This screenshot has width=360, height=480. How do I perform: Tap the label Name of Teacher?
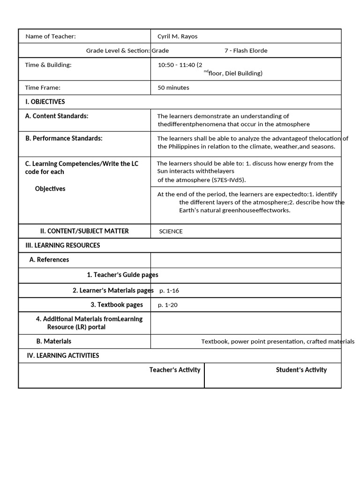click(x=50, y=37)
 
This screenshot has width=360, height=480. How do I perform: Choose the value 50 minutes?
click(x=173, y=88)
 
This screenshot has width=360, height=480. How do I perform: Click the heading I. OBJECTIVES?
click(x=45, y=102)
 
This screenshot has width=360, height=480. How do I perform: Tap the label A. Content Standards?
click(x=57, y=116)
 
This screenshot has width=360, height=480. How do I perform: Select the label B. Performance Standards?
click(x=64, y=138)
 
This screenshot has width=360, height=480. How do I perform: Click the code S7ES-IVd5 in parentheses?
click(x=229, y=180)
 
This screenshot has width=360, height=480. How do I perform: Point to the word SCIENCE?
click(x=171, y=232)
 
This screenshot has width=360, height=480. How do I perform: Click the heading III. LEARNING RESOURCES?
click(x=62, y=245)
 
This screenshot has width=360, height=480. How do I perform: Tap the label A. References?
click(x=49, y=260)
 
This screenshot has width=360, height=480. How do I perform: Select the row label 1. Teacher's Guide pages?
click(x=122, y=275)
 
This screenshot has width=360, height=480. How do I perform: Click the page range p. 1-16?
click(x=169, y=291)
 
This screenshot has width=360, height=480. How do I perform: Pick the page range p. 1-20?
click(x=168, y=305)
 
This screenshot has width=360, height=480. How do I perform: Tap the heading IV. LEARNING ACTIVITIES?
click(x=63, y=355)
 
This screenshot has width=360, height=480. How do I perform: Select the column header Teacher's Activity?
click(x=175, y=370)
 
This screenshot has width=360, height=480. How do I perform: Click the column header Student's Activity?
click(x=301, y=370)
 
